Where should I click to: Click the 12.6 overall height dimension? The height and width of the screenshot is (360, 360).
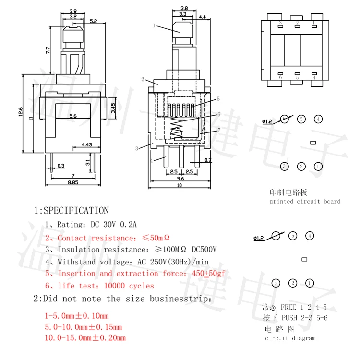pyautogui.click(x=21, y=111)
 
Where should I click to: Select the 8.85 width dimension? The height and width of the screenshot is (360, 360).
pyautogui.click(x=72, y=182)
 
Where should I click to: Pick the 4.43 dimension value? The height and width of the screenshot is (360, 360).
pyautogui.click(x=87, y=144)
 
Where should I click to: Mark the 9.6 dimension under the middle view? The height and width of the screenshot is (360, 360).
pyautogui.click(x=180, y=178)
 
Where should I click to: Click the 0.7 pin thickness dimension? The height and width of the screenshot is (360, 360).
pyautogui.click(x=208, y=160)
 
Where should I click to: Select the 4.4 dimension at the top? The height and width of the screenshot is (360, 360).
pyautogui.click(x=202, y=17)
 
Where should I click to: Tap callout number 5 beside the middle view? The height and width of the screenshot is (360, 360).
pyautogui.click(x=218, y=99)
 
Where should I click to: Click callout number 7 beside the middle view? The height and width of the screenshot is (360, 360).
pyautogui.click(x=219, y=130)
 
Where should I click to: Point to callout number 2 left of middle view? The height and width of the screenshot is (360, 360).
pyautogui.click(x=143, y=79)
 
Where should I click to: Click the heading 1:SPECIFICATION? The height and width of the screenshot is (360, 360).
pyautogui.click(x=71, y=210)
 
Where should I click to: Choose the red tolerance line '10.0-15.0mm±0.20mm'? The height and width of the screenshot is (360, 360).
pyautogui.click(x=84, y=338)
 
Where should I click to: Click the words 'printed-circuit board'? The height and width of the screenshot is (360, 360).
pyautogui.click(x=305, y=201)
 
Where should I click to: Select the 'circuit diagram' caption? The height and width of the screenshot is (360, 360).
pyautogui.click(x=290, y=338)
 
